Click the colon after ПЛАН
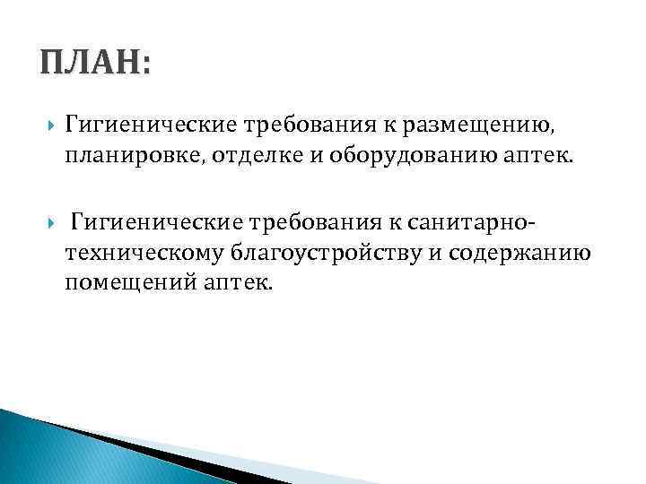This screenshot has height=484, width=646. point(145,68)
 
